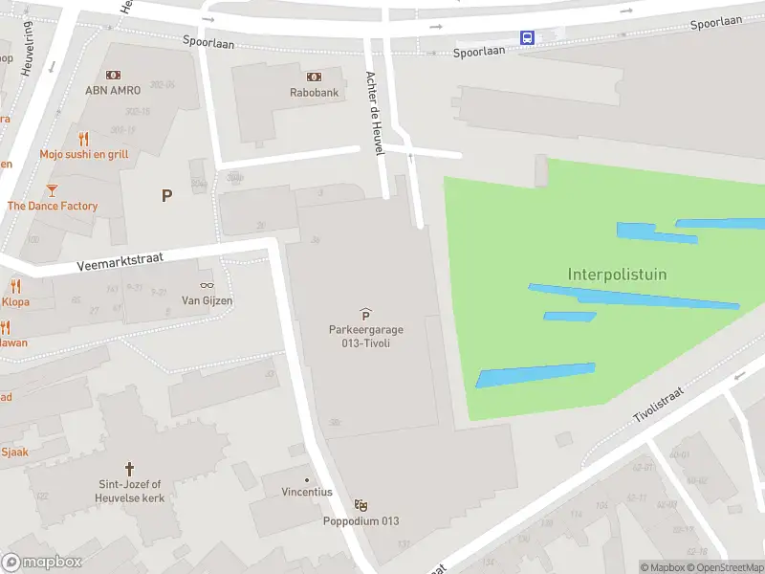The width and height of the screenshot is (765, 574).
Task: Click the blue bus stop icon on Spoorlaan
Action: pos(527,37)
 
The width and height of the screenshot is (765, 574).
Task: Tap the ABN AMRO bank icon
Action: pos(114,75)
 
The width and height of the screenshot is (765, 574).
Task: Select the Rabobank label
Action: pos(314,92)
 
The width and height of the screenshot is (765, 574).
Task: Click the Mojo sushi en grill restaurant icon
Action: pos(83,139)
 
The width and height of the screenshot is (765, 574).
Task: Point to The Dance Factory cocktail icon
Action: pos(52,190)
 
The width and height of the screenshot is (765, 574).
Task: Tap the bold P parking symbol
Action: pos(166,196)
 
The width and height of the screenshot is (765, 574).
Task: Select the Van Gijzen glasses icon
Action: pos(207,285)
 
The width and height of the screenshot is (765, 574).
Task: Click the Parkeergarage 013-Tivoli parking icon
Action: pos(365,314)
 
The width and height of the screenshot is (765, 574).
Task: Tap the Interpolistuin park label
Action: pos(617,275)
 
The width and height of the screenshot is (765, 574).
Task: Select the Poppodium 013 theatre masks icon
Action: pos(361,504)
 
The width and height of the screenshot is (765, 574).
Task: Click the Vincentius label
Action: pos(306,492)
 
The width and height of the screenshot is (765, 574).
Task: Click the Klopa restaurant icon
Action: pos(15,286)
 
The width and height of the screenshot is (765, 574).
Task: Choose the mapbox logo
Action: pos(41,563)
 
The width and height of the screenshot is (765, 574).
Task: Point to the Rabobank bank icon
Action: pos(314,77)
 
